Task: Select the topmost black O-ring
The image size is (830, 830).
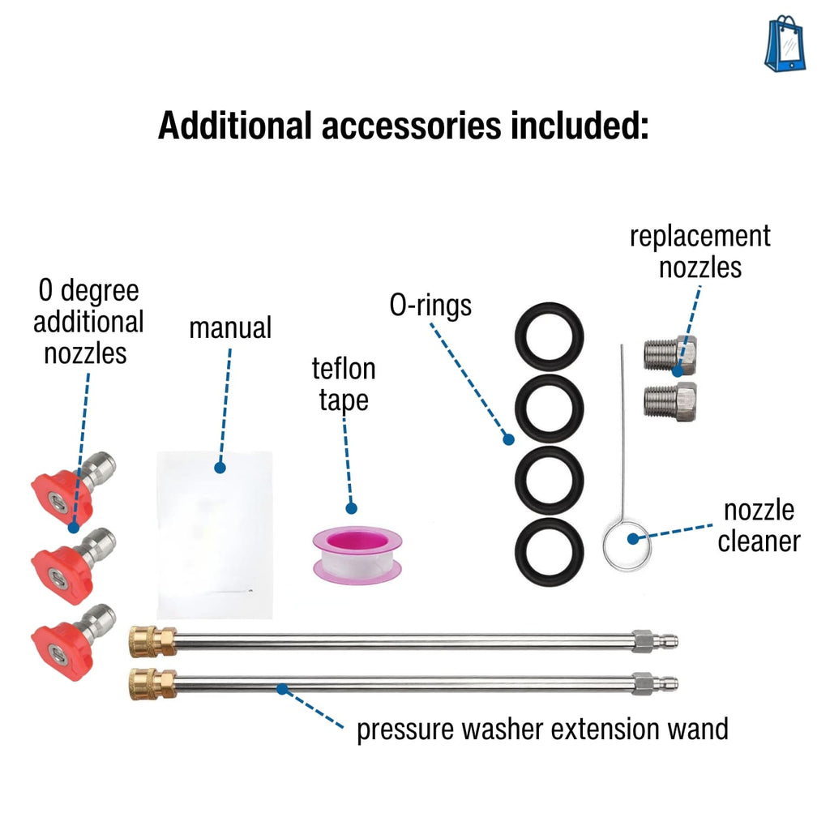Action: (550, 336)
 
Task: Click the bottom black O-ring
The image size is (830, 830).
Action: (550, 552)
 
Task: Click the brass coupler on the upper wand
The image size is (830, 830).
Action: (152, 641)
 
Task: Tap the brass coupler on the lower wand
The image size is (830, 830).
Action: (152, 682)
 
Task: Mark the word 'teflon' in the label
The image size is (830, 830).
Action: (344, 370)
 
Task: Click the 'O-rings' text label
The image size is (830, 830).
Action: (430, 306)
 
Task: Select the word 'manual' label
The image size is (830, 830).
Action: (230, 327)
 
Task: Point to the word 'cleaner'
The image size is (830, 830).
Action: (759, 541)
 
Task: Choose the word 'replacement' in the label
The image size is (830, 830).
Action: (700, 237)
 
